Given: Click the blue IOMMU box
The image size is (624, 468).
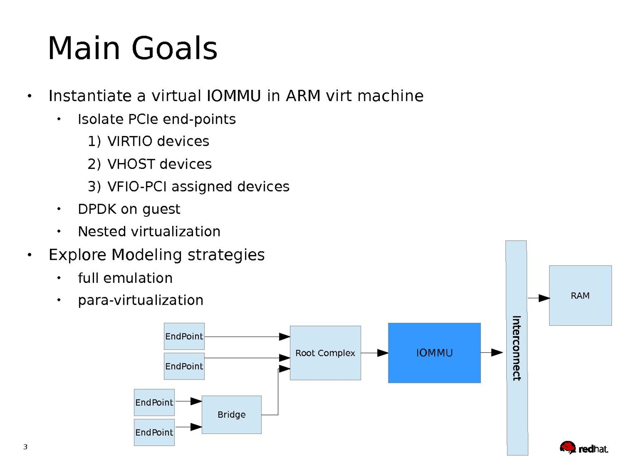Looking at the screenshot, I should pyautogui.click(x=434, y=353).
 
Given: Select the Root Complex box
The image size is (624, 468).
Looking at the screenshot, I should pyautogui.click(x=325, y=353).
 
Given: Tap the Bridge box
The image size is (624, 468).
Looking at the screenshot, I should pyautogui.click(x=231, y=415).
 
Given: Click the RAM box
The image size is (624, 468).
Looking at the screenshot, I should pyautogui.click(x=580, y=295).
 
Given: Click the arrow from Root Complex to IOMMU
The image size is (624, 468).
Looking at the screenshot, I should pyautogui.click(x=374, y=353).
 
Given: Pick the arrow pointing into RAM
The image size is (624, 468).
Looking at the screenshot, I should pyautogui.click(x=539, y=298).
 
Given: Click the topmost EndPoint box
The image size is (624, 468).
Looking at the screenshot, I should pyautogui.click(x=184, y=336).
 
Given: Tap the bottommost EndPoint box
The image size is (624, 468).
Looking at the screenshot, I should pyautogui.click(x=154, y=432).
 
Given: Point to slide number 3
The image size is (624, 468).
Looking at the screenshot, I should pyautogui.click(x=25, y=447).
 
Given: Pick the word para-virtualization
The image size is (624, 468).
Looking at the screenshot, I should pyautogui.click(x=140, y=300).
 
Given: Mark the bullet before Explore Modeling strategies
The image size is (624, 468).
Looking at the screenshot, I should pyautogui.click(x=30, y=255).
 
